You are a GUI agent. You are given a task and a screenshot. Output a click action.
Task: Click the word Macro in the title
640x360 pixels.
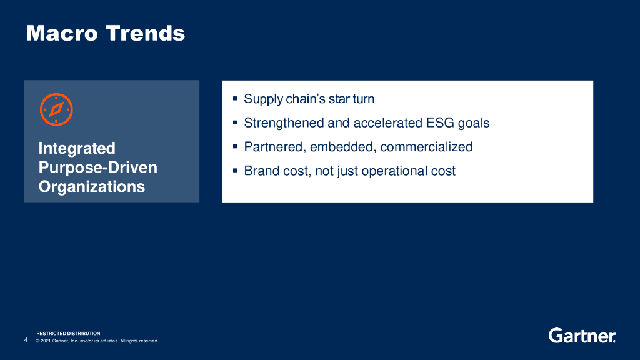62,33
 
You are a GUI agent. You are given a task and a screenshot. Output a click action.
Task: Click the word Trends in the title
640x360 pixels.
145,33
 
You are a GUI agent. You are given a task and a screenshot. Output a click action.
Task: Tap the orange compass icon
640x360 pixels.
56,109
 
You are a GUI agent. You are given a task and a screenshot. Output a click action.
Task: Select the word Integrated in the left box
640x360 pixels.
77,148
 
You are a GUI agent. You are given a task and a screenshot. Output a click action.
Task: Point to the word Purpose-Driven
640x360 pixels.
98,167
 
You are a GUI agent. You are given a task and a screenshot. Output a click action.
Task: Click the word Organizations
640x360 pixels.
92,186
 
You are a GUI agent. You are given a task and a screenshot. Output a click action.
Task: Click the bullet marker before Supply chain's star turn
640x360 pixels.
235,98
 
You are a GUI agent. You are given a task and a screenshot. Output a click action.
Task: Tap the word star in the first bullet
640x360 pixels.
339,99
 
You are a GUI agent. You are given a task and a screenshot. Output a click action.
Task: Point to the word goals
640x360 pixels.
474,123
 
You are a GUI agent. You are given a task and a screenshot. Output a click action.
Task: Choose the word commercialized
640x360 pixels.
426,147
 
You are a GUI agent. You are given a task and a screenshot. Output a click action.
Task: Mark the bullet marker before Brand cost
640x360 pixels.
235,170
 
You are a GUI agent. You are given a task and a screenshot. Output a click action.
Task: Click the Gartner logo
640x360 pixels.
582,336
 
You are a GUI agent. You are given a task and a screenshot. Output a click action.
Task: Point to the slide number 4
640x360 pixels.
26,340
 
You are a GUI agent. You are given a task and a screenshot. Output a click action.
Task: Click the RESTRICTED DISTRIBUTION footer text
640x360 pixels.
68,334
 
